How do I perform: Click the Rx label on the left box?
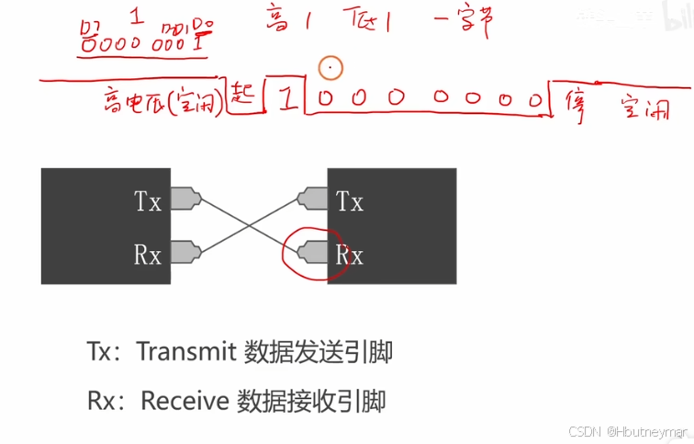[x=148, y=254]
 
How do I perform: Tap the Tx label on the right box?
[x=350, y=200]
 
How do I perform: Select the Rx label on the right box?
[x=350, y=254]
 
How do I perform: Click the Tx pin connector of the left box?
[x=185, y=199]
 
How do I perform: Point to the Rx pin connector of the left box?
[x=185, y=251]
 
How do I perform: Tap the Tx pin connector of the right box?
[x=313, y=199]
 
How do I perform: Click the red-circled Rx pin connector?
[x=313, y=251]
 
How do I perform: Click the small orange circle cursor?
[x=330, y=67]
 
